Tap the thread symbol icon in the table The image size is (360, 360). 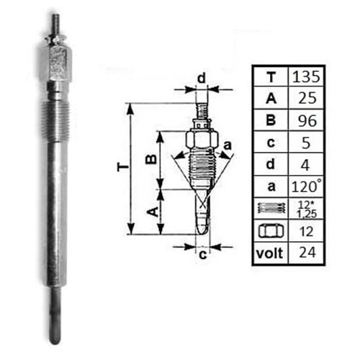[270, 208]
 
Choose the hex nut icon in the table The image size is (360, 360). [270, 231]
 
